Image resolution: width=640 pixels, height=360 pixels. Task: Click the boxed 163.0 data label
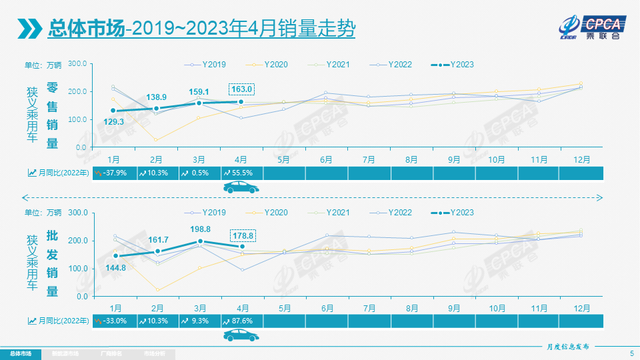click(241, 89)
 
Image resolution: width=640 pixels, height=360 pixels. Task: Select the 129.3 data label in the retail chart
click(114, 122)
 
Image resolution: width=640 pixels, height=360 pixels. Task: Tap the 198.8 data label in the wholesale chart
click(199, 229)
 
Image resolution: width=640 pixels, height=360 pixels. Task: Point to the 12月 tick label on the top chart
click(581, 160)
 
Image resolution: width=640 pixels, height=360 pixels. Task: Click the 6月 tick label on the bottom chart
click(327, 308)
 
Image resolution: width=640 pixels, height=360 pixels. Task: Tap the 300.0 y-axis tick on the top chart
click(78, 64)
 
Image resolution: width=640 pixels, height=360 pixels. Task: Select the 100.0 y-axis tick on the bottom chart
click(78, 268)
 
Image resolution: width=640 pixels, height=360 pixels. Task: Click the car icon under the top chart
click(241, 189)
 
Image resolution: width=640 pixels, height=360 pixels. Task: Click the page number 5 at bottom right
click(631, 353)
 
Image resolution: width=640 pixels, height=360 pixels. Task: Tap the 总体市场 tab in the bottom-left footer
click(21, 353)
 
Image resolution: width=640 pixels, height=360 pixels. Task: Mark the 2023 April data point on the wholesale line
click(242, 247)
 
